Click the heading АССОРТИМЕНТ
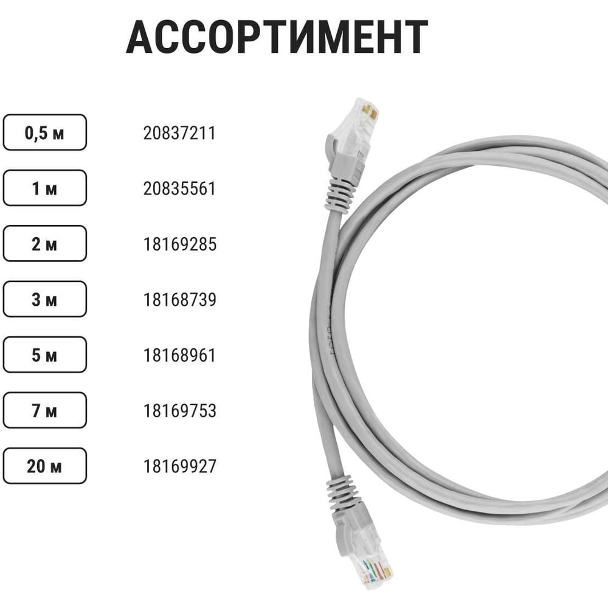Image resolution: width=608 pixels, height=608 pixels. coord(277,37)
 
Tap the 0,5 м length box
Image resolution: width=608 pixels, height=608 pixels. coord(44,132)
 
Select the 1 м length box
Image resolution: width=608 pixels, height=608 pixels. coord(44,188)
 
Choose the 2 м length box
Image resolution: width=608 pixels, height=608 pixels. coord(44,244)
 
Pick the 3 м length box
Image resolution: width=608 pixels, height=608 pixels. coord(44,299)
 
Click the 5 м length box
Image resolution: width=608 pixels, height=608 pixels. coord(44,355)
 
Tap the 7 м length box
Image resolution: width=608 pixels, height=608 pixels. coord(44,410)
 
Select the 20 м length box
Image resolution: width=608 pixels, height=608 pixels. coord(44,466)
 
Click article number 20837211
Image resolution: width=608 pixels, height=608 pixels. coord(179,133)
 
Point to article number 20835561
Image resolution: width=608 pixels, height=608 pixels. coord(179,188)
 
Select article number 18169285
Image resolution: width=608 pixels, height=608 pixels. coord(179,244)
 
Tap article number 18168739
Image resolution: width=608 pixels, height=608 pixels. coord(179,300)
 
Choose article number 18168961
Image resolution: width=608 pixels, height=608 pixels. coord(179,355)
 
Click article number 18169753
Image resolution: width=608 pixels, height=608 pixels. coord(179,410)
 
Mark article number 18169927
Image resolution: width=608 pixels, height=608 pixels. coord(179,466)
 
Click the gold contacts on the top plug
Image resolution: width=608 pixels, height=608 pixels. coord(369,112)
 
